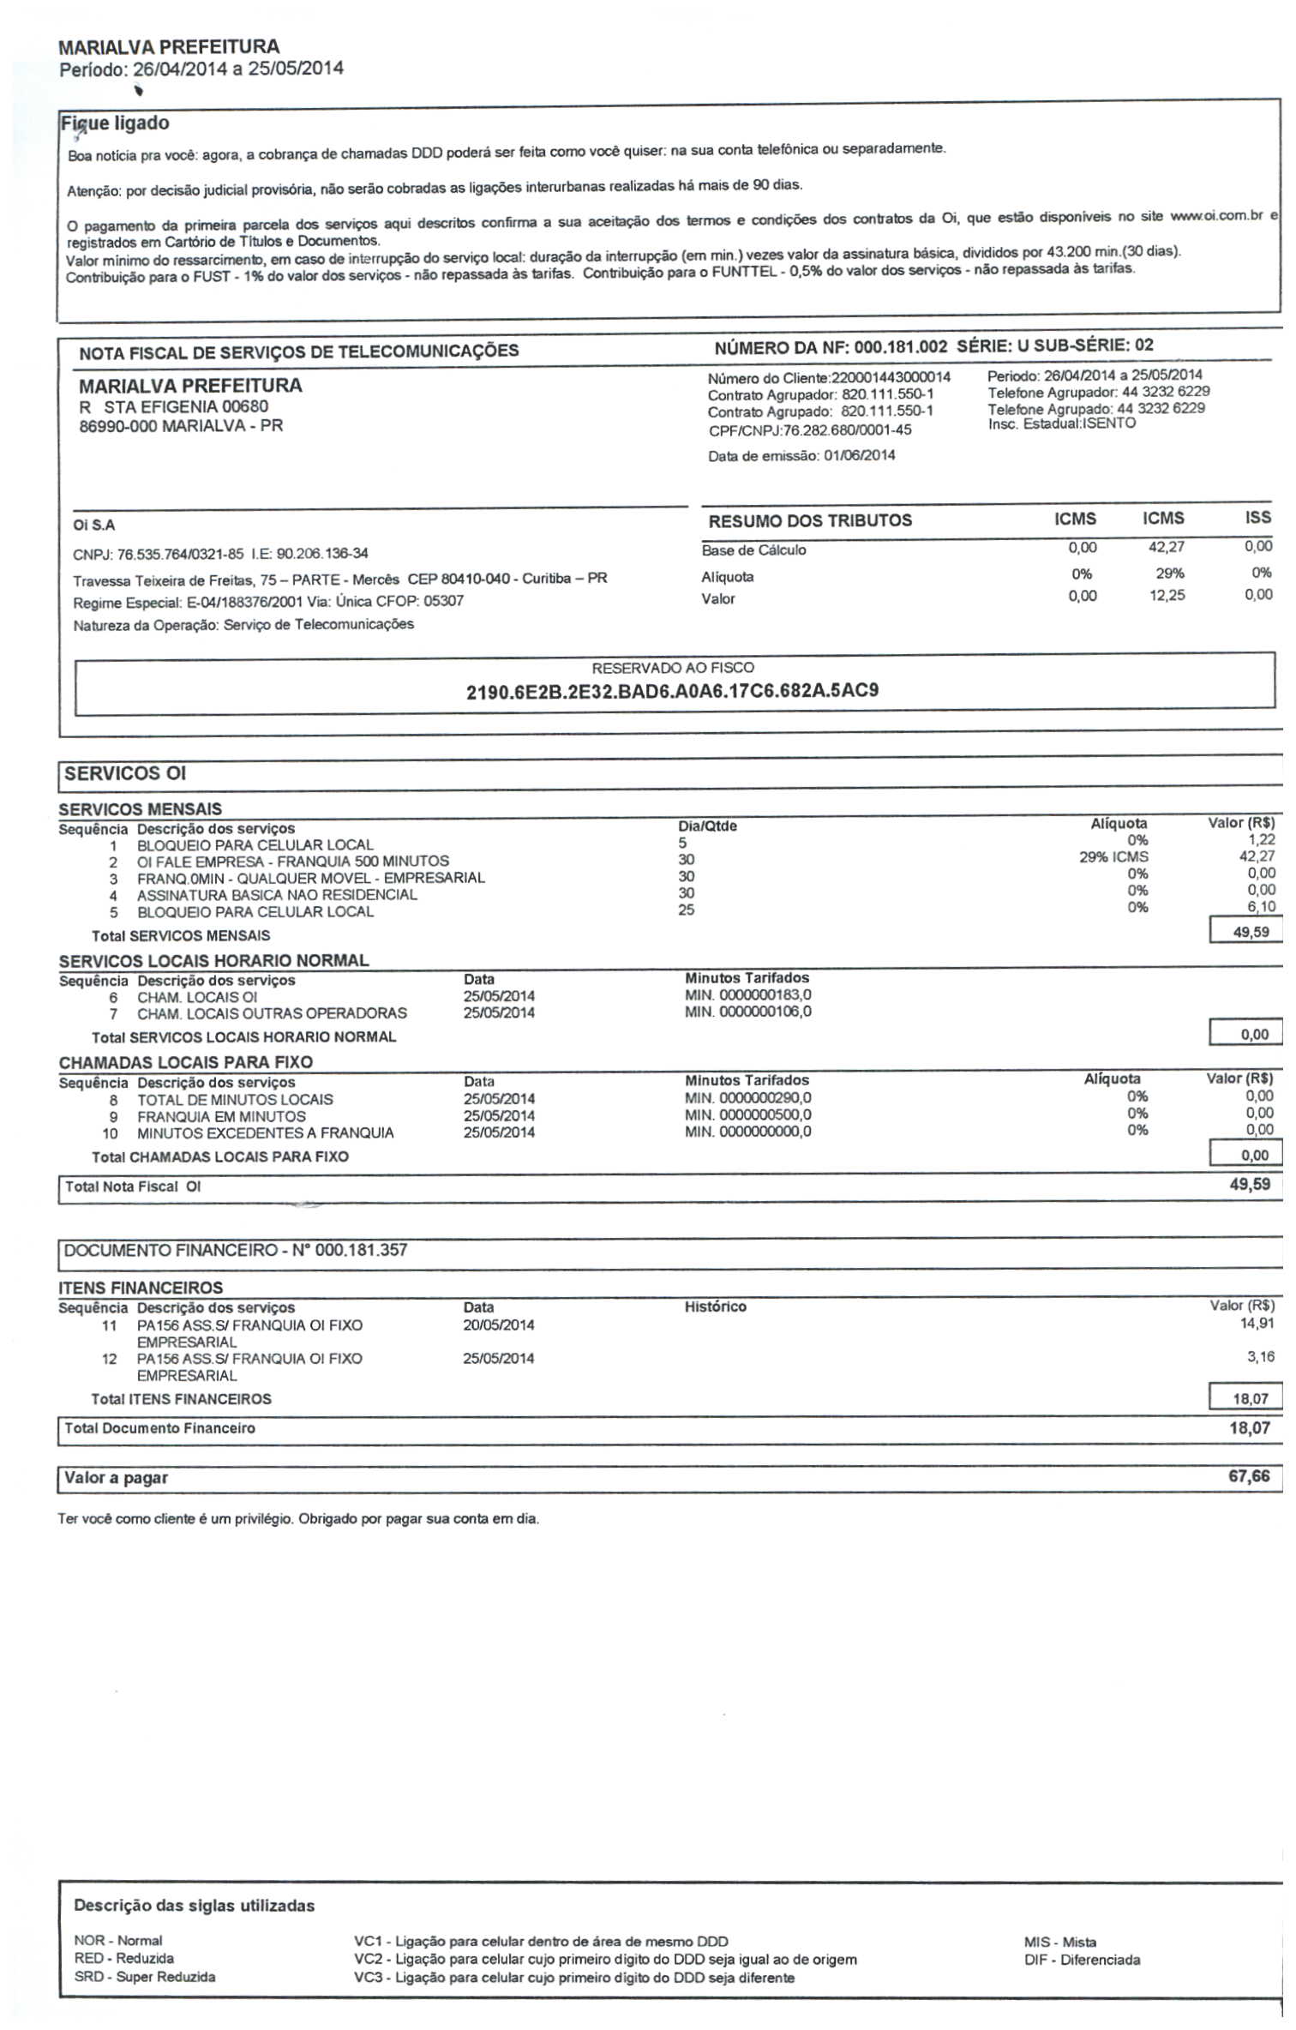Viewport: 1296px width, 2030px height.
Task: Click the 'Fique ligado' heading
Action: [x=115, y=123]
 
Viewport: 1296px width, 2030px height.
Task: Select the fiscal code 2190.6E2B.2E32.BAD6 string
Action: [x=672, y=691]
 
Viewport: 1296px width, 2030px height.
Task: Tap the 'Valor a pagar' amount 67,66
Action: [x=1249, y=1476]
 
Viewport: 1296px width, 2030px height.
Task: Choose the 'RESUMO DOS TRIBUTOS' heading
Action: [x=809, y=520]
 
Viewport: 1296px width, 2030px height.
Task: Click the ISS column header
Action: [x=1257, y=518]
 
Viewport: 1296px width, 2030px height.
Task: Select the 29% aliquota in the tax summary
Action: [x=1169, y=573]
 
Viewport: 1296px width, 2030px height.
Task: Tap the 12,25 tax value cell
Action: [x=1167, y=595]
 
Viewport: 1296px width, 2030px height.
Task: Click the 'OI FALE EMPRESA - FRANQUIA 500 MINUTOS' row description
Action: [x=292, y=861]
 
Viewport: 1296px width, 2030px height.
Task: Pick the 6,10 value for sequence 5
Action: [x=1261, y=906]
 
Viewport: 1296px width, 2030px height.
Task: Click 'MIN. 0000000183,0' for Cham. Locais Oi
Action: [x=747, y=995]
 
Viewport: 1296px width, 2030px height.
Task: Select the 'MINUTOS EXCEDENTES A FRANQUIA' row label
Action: [x=265, y=1132]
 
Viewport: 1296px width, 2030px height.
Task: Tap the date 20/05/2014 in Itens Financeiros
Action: [x=498, y=1324]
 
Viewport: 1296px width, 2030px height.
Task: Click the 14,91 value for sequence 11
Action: [x=1257, y=1324]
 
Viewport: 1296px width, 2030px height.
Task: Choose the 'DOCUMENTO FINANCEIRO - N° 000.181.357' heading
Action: [x=236, y=1250]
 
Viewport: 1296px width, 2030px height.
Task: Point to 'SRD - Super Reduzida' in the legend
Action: [x=145, y=1977]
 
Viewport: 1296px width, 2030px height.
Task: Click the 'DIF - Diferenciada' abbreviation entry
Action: [x=1082, y=1960]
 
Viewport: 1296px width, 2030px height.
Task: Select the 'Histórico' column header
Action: [x=715, y=1306]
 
